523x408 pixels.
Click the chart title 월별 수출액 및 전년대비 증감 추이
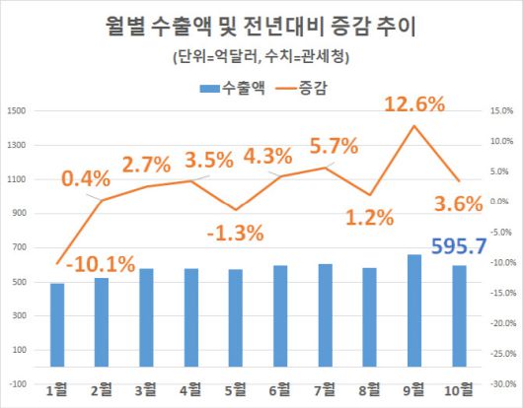pyautogui.click(x=261, y=25)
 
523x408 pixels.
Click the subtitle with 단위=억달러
pyautogui.click(x=261, y=56)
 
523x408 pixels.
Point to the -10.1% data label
pyautogui.click(x=100, y=263)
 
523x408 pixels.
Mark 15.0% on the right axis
pyautogui.click(x=504, y=110)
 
